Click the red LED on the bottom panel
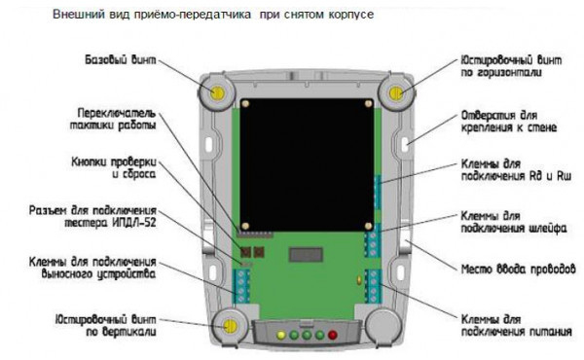tap(332, 335)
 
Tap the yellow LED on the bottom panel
tap(281, 335)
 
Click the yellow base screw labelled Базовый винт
tap(217, 92)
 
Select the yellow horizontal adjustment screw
tap(396, 92)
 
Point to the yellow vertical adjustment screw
tap(230, 326)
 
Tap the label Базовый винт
tap(121, 60)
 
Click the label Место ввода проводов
tap(519, 270)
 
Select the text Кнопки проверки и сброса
tap(114, 168)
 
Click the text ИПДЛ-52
tap(134, 223)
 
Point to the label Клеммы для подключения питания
tap(516, 326)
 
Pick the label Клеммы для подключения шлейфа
tap(514, 222)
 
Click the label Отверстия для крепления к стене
tap(509, 122)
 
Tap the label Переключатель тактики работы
tap(113, 119)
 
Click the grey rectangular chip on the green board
tap(306, 255)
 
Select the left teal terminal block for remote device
tap(241, 286)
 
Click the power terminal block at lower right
tap(373, 286)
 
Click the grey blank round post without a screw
tap(383, 326)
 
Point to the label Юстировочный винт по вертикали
tap(106, 326)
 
